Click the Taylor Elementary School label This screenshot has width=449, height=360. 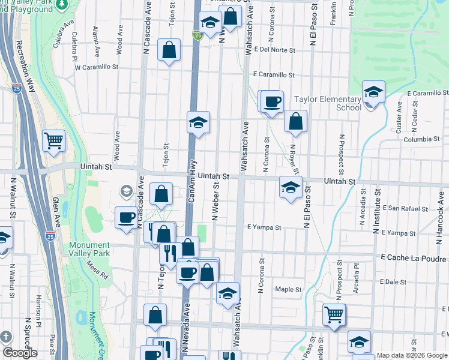pyautogui.click(x=327, y=103)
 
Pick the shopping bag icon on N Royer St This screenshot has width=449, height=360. pyautogui.click(x=295, y=122)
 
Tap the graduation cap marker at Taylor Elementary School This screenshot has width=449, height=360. pyautogui.click(x=373, y=93)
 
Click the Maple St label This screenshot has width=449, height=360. pyautogui.click(x=288, y=289)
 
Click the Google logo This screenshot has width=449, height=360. pyautogui.click(x=20, y=353)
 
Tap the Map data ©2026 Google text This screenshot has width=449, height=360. pyautogui.click(x=412, y=355)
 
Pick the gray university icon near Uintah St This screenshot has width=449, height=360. pyautogui.click(x=126, y=191)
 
